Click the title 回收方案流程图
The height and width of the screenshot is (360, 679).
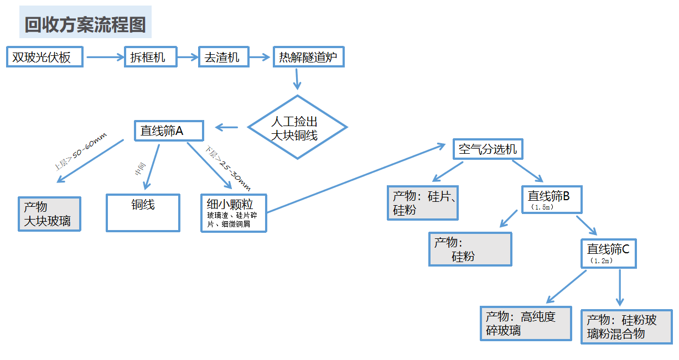pos(85,25)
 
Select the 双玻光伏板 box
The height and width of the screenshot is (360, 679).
pos(45,57)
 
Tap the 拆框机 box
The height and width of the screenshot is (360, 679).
pos(151,57)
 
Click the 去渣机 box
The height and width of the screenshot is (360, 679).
pos(223,57)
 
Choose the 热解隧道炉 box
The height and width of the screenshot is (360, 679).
pos(308,57)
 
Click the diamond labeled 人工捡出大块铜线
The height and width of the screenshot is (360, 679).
pos(297,128)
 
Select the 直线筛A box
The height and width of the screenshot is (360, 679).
pos(169,131)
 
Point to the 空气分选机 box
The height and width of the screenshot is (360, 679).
pos(488,149)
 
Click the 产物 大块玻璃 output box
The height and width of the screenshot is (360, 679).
pos(49,214)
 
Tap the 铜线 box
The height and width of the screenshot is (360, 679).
pos(143,212)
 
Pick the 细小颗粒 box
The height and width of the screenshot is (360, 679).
pos(234,213)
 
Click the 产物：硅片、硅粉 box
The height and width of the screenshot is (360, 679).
pos(423,203)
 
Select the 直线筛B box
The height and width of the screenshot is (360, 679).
pos(551,199)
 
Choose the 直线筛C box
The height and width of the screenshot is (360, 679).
pos(608,253)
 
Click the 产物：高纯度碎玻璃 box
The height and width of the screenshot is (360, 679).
pos(525,324)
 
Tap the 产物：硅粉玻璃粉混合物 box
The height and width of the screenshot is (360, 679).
pos(626,327)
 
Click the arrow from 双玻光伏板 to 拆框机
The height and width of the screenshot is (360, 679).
pos(104,57)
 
